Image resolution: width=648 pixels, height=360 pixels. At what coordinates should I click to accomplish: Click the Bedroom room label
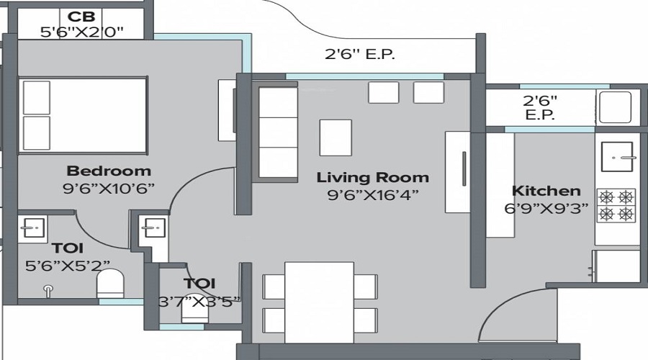109,171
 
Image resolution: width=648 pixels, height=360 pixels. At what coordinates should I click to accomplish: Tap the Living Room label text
372,177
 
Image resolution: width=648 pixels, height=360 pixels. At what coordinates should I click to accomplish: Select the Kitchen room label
546,191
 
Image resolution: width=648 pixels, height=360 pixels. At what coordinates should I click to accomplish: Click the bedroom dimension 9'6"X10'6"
109,189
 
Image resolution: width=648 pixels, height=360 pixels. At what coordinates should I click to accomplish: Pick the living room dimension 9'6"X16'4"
372,194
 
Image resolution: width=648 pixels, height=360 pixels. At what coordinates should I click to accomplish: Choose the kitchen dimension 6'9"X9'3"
546,209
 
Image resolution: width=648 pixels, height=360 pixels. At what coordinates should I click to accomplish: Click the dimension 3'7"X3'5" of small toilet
199,301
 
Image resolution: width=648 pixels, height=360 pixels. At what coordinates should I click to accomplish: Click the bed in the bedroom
84,115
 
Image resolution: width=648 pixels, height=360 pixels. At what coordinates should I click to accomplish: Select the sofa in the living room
277,133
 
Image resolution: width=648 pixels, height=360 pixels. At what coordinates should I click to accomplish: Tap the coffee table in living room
336,138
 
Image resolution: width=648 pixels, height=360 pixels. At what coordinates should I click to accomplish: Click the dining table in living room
319,302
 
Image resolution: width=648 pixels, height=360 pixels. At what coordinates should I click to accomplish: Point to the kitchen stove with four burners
617,205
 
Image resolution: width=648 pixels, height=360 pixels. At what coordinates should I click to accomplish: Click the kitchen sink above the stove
617,156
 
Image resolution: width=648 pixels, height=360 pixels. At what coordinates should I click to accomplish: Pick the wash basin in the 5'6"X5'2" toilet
31,228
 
